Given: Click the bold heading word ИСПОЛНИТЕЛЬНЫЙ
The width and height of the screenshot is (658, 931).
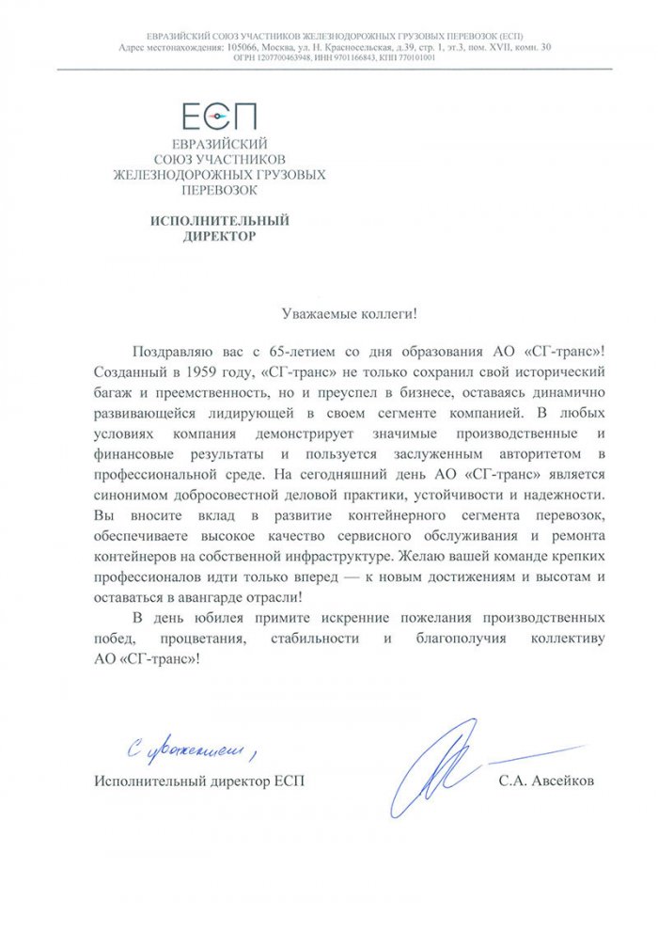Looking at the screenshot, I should tap(219, 220).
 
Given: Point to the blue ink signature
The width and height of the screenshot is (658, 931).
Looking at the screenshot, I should tap(442, 762).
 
